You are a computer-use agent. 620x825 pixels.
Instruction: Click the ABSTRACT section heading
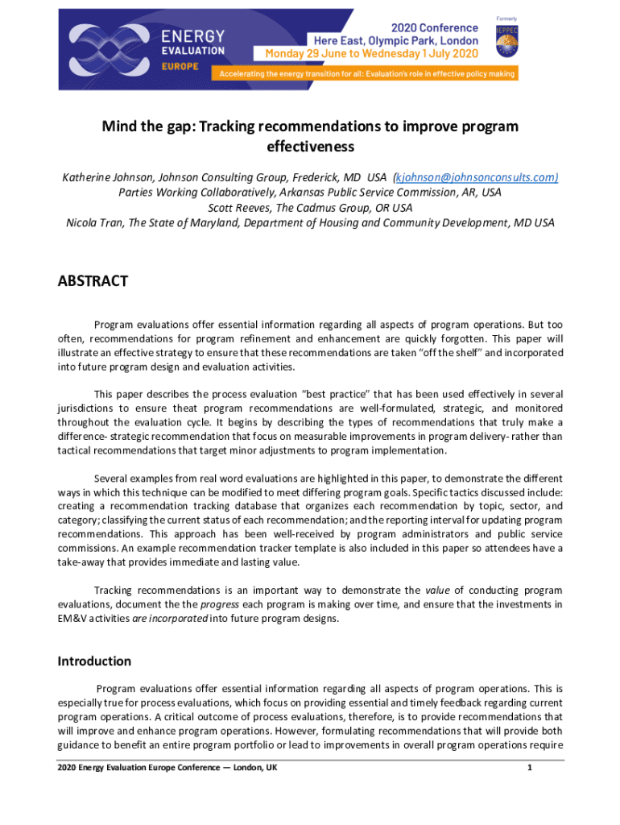tap(93, 281)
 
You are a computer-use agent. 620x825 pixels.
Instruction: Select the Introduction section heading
tap(94, 661)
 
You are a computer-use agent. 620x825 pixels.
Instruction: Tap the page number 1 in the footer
tap(529, 768)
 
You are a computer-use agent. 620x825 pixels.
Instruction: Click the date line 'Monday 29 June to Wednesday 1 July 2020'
tap(366, 53)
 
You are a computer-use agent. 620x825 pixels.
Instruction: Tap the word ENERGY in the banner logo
tap(192, 36)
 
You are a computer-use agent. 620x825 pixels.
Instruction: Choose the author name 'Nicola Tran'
tap(93, 223)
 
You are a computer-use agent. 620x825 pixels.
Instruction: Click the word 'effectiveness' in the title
tap(310, 147)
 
